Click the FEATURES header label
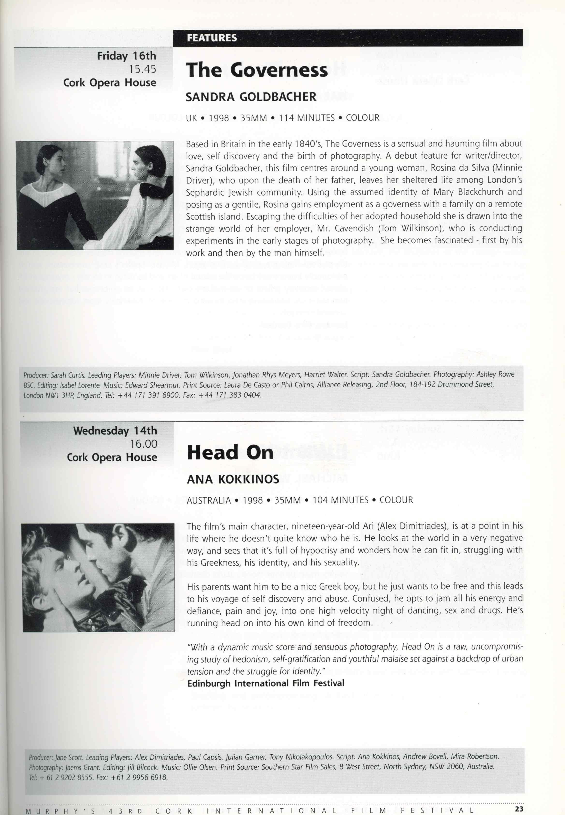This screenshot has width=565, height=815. point(212,38)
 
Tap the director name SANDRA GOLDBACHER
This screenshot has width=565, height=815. point(251,97)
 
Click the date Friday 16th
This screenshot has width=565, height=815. point(126,56)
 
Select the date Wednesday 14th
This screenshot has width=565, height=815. point(115,431)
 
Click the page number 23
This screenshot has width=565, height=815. point(519,809)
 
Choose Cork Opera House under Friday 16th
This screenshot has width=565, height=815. point(110,83)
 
